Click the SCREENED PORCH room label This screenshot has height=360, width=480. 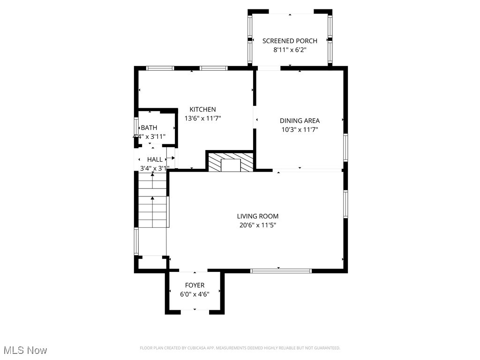click(x=290, y=41)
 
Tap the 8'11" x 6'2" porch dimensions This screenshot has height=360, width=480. click(x=290, y=50)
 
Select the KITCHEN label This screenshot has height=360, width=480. click(x=202, y=109)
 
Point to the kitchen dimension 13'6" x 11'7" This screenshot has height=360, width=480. click(x=202, y=119)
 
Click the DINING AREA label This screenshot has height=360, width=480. click(x=300, y=120)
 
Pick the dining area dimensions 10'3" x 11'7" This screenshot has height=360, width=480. click(x=300, y=129)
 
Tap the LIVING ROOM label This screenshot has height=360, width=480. click(x=257, y=216)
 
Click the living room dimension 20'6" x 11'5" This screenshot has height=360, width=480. click(x=257, y=225)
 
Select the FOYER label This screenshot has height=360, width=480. click(x=195, y=285)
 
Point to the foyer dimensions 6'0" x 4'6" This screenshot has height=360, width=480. click(x=195, y=294)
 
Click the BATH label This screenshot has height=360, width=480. click(x=149, y=127)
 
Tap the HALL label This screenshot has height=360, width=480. click(x=155, y=159)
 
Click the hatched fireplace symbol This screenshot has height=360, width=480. click(x=230, y=162)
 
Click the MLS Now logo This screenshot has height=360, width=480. click(x=25, y=350)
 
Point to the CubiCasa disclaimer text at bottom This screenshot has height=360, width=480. click(x=240, y=348)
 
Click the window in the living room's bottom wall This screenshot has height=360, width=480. click(x=281, y=270)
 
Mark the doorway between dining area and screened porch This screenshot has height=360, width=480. click(x=269, y=68)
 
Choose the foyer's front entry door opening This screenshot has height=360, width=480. click(x=195, y=311)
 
